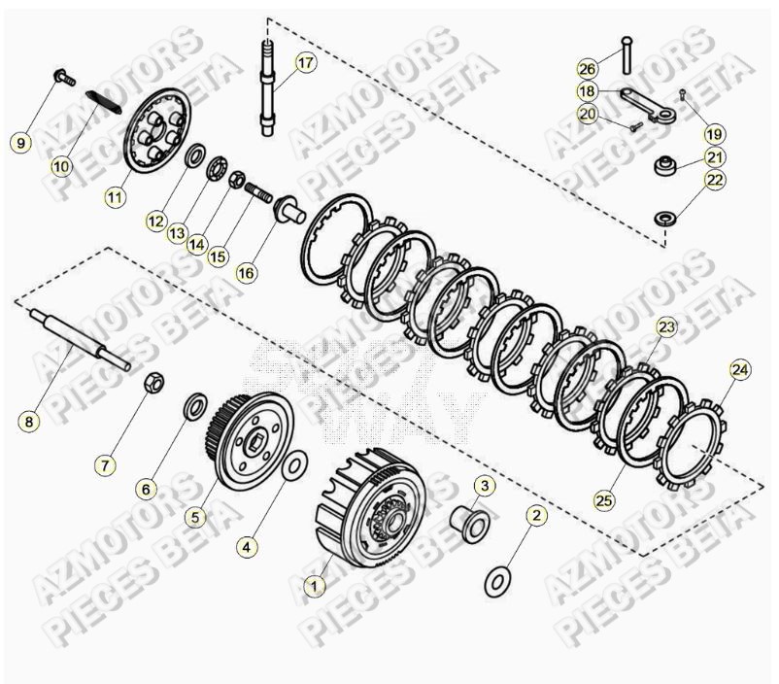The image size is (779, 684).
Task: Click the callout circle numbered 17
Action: [306, 64]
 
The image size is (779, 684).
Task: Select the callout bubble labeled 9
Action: [20, 143]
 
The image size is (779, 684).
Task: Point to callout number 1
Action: [313, 586]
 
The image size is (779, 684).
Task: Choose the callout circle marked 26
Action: [587, 68]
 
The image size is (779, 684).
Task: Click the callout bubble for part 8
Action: [28, 422]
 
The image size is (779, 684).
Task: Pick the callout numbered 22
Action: [715, 180]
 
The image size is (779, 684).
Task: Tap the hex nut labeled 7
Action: [153, 384]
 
